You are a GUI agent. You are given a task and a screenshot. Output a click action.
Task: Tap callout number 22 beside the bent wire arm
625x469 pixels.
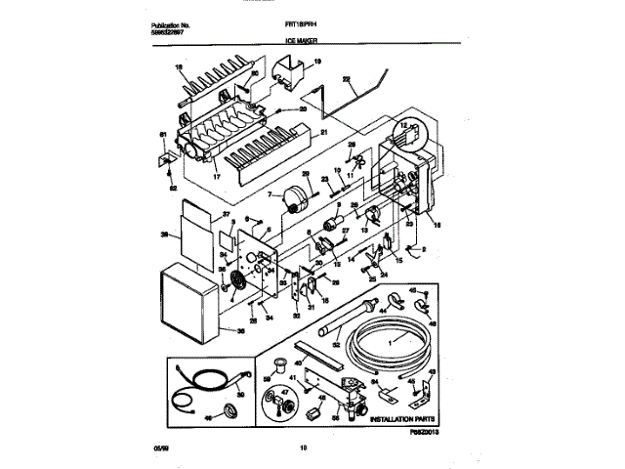[x=347, y=77]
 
